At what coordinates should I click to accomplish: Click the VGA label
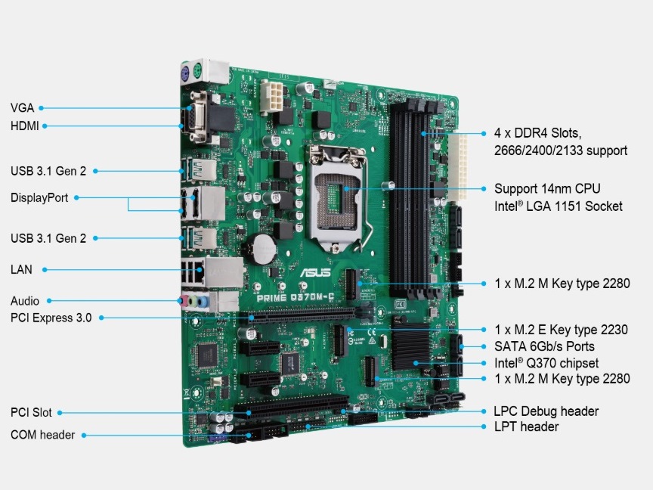[23, 108]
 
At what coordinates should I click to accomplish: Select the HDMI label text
[25, 126]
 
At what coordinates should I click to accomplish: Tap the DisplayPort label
[39, 198]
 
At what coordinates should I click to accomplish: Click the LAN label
[21, 269]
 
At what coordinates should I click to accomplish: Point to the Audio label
[25, 301]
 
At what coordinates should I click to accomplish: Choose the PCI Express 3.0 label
[51, 318]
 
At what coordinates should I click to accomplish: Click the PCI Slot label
[31, 413]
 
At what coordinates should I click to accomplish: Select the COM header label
[42, 435]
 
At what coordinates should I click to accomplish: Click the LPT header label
[526, 427]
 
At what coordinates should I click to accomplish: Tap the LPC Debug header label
[546, 411]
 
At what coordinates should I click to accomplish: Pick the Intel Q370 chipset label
[546, 363]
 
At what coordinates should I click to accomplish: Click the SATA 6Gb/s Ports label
[544, 346]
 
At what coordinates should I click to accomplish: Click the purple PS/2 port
[184, 73]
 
